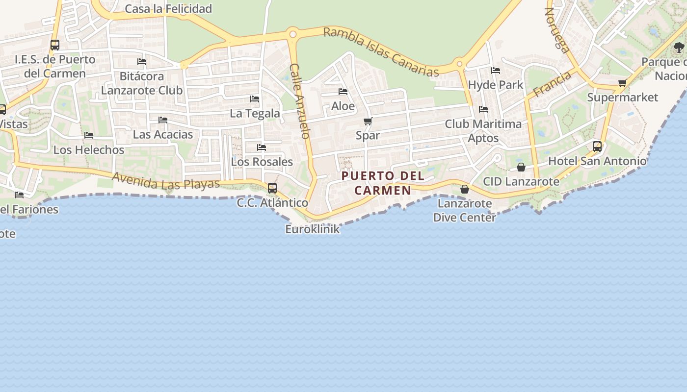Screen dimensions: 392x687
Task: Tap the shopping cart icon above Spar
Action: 368,121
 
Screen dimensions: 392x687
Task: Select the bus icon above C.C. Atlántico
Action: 272,188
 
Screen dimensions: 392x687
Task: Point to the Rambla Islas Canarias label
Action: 381,52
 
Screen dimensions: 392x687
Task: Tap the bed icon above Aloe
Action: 343,92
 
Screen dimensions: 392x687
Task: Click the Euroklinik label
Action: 313,229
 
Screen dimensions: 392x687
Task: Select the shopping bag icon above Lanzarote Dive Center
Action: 464,189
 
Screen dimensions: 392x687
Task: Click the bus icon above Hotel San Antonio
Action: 597,146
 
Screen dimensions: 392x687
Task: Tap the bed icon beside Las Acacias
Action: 163,120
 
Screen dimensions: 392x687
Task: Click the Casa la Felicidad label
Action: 168,9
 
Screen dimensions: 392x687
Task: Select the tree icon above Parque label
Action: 679,48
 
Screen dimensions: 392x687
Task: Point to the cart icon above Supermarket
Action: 622,83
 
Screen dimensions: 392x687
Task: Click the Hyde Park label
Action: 496,85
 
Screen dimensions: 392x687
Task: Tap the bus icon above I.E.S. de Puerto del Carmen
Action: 55,45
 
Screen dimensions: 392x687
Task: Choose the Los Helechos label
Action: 89,149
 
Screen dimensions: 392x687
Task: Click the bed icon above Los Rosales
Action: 262,147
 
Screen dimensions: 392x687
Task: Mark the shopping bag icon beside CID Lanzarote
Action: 521,167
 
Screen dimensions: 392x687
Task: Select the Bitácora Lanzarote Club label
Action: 142,83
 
